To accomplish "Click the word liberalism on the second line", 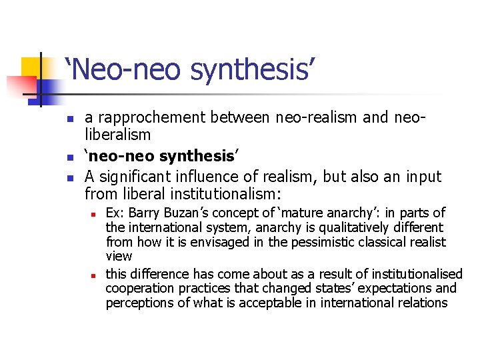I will click(118, 135).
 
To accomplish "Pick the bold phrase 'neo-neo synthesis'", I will click(161, 156).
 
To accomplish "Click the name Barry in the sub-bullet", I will click(145, 213).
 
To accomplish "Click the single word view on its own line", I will click(119, 256).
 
